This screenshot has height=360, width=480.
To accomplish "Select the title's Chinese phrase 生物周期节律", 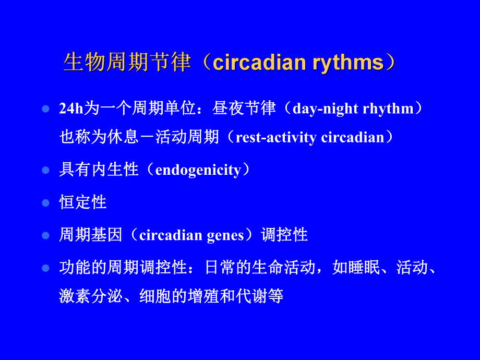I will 127,63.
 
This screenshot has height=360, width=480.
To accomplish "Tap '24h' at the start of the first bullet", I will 69,109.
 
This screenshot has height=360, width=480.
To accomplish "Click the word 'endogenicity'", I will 198,170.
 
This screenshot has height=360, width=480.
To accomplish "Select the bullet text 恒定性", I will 83,202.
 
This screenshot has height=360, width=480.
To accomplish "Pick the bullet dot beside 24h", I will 45,109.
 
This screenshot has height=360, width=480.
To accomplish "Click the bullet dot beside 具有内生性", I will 45,170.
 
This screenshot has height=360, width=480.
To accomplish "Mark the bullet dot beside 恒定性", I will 45,202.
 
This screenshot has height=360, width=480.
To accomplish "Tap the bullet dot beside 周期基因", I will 45,235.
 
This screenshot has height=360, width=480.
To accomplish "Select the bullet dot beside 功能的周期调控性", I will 45,268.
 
